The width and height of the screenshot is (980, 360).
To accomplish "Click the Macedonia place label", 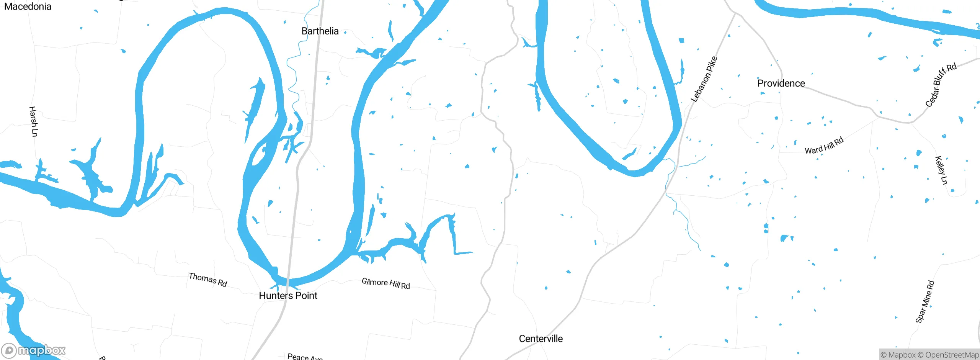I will [28, 7].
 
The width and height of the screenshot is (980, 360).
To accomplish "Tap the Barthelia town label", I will [320, 31].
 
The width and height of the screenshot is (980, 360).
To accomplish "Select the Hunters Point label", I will [288, 296].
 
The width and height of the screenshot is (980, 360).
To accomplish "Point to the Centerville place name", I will [541, 339].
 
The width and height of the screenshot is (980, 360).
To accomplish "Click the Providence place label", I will [781, 83].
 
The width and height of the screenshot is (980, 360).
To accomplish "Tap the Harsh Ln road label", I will [34, 121].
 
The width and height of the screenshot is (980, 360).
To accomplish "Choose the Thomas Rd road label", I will [208, 280].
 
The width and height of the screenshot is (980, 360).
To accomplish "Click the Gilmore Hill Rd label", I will [386, 283].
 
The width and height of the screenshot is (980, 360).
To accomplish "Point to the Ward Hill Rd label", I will [824, 146].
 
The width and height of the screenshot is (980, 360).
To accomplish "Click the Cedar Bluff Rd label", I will [941, 85].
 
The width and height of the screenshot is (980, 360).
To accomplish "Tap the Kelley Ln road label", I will [941, 170].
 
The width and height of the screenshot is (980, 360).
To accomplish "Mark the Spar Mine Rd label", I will [924, 302].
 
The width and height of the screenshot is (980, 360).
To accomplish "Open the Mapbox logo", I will [33, 350].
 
